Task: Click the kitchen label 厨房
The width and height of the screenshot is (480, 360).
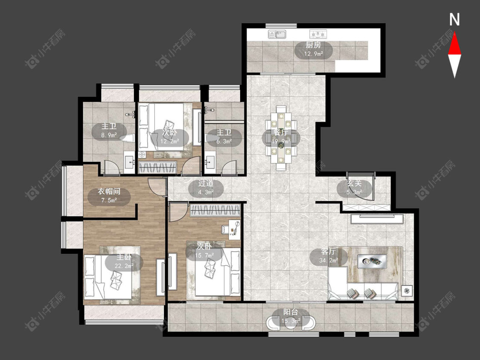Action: (x=313, y=45)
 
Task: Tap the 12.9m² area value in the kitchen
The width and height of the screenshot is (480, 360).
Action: (x=314, y=54)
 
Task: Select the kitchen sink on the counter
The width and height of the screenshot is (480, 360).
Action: (x=277, y=34)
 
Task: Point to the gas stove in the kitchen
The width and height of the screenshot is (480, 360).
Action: (x=318, y=34)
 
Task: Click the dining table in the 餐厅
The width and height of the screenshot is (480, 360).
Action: (x=281, y=138)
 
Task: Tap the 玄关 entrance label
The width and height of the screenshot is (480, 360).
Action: (x=355, y=184)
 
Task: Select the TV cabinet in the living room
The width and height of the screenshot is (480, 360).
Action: (x=377, y=219)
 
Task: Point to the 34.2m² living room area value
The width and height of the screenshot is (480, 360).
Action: (x=329, y=261)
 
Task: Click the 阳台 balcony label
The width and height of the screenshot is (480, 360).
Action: (x=291, y=312)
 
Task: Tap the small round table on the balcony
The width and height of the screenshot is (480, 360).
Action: (x=291, y=325)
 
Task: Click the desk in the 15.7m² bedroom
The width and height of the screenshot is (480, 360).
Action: (x=235, y=227)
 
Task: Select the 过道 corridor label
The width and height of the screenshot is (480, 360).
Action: (x=206, y=184)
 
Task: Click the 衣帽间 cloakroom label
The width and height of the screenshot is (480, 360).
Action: (x=109, y=192)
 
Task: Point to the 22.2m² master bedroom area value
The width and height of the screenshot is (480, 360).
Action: (x=124, y=266)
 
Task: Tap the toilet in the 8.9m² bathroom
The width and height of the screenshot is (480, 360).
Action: (x=127, y=138)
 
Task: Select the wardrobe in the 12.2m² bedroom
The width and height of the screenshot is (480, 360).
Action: (x=157, y=168)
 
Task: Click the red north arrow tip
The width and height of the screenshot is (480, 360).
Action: (x=454, y=33)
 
